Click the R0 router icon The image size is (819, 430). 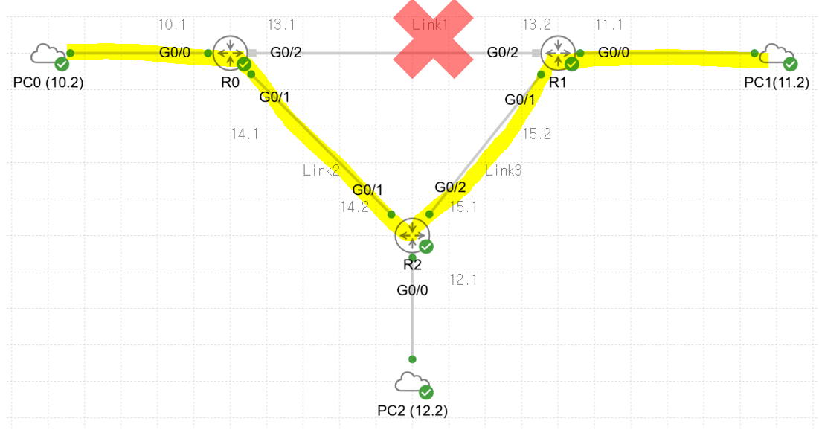point(230,53)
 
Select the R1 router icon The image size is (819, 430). point(557,52)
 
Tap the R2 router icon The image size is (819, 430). point(412,235)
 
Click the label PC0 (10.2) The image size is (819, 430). point(48,83)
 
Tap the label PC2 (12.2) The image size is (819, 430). point(413,410)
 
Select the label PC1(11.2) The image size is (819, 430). point(777,83)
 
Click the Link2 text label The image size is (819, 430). point(321,170)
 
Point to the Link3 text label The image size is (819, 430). point(504,170)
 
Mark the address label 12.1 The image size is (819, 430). point(463,280)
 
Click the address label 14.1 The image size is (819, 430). point(245,134)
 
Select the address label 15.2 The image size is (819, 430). point(536,134)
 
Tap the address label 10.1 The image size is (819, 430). point(172,25)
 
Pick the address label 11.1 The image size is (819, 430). point(608,25)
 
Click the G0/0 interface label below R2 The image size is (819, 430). point(412,290)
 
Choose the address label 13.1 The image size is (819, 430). point(280,25)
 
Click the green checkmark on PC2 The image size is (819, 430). point(425,392)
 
